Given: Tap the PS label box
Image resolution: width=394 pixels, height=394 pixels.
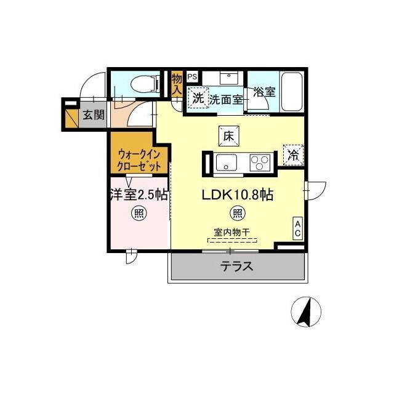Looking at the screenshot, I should point(193,77).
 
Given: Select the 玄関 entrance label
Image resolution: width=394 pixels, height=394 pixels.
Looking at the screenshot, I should point(94,115).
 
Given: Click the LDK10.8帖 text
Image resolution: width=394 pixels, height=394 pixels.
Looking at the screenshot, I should point(238,195).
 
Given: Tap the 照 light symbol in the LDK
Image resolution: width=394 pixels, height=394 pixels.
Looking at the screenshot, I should point(237,214).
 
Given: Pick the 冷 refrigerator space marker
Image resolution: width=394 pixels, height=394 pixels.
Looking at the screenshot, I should point(293,155).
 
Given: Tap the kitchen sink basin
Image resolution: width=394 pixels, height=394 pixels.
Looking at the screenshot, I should point(226,163).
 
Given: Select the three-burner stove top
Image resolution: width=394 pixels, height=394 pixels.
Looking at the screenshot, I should point(259,163).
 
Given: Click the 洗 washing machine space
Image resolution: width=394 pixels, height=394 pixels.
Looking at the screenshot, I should point(198,97).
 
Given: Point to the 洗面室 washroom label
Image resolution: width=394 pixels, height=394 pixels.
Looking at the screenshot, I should point(225,98).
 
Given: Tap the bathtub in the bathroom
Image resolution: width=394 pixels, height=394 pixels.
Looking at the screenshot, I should point(291,92).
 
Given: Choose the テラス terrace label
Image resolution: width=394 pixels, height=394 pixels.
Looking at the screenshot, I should point(237,267).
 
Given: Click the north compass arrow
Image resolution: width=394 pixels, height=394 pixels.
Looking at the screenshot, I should point(305,312).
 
